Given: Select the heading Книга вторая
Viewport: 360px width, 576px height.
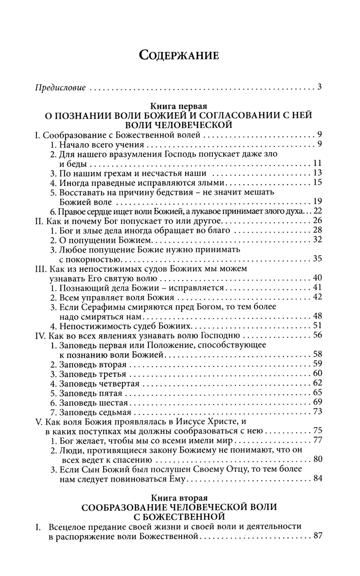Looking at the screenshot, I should [179, 498].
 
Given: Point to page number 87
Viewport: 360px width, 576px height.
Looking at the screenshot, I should [317, 535].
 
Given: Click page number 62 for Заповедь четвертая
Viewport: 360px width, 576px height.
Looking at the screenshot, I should [317, 383].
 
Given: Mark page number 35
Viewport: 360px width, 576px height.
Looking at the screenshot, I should [317, 258].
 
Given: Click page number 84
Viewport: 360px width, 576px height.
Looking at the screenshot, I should [317, 478].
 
